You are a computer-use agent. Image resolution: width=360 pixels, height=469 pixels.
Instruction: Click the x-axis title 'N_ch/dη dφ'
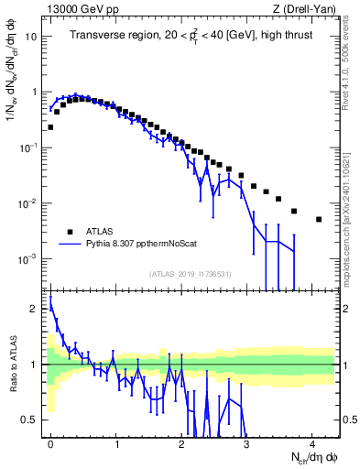pyautogui.click(x=311, y=455)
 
